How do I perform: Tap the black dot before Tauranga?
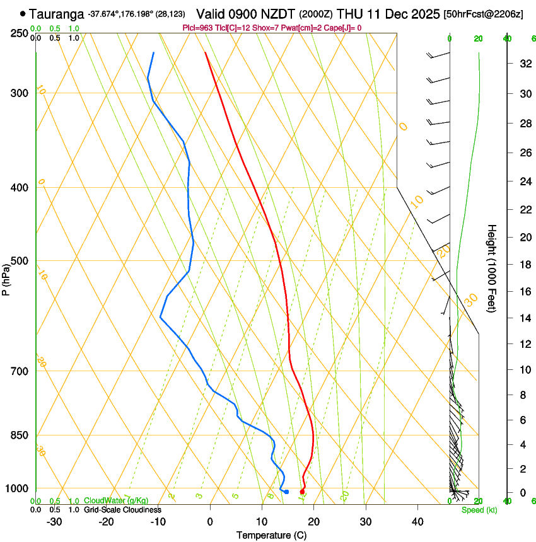[23, 13]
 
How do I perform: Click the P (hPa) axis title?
[6, 278]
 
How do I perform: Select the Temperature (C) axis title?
[271, 535]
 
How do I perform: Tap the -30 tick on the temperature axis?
[54, 521]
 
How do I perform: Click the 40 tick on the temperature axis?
[417, 521]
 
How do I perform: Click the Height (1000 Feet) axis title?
[492, 268]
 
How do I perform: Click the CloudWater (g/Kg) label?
[116, 501]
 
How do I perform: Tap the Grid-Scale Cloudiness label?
[122, 509]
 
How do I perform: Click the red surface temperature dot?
[302, 492]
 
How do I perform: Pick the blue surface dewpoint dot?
[286, 492]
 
